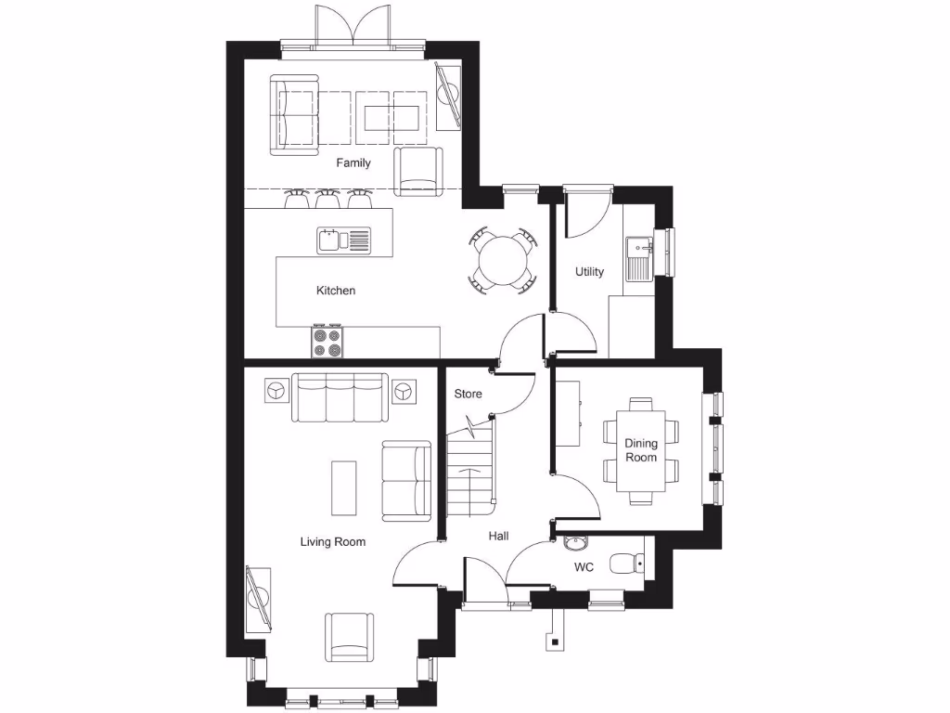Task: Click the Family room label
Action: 353,163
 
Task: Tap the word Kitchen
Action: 336,291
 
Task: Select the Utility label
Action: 589,272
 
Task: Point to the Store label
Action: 469,395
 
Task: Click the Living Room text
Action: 332,542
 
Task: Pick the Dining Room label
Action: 640,450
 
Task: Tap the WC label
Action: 584,567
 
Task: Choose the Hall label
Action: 499,536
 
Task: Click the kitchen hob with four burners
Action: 327,343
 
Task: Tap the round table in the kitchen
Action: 502,258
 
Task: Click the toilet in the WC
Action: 628,564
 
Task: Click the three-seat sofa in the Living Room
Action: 340,396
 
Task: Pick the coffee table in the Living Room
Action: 343,488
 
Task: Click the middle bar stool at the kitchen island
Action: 327,198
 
